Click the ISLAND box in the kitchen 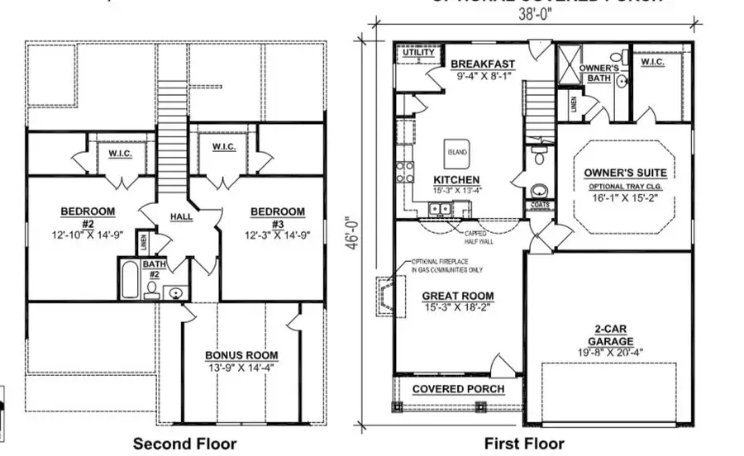coord(457,153)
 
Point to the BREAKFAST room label coord(483,64)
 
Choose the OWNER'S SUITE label coord(625,173)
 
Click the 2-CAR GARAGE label coord(612,334)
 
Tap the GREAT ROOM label coord(457,296)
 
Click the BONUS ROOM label coord(241,356)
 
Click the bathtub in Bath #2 coord(130,282)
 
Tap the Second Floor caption coord(184,444)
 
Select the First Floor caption coord(524,444)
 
